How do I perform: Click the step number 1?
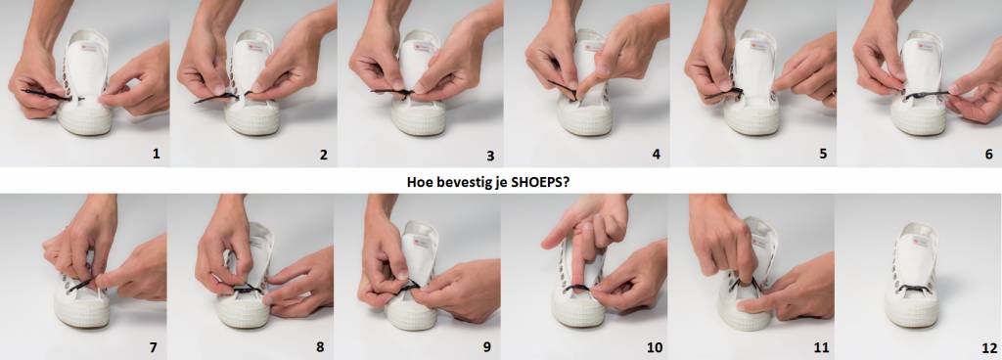click(156, 154)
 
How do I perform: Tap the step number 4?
click(657, 154)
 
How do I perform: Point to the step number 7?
click(153, 348)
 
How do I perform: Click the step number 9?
click(487, 348)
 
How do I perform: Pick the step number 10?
click(655, 348)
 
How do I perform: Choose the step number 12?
click(989, 348)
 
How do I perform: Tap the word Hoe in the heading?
click(419, 182)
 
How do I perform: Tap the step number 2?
click(323, 154)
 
